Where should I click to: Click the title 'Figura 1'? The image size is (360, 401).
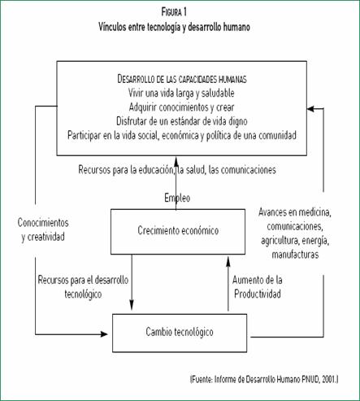[x=174, y=12]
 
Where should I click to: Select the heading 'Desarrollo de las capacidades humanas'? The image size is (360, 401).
[x=182, y=79]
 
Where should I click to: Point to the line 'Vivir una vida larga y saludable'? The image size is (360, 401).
[x=181, y=93]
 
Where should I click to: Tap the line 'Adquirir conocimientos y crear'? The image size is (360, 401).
[x=181, y=107]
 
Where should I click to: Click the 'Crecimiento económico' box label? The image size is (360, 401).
[x=178, y=230]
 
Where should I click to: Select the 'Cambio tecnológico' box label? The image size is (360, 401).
[x=180, y=332]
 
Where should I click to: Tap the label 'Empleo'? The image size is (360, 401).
[x=177, y=198]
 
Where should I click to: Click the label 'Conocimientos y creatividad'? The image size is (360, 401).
[x=43, y=229]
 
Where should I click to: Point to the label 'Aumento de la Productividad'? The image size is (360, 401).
[x=258, y=287]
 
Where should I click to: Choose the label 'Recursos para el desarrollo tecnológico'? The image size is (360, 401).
[x=83, y=287]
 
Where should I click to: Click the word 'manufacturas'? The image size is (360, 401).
[x=295, y=255]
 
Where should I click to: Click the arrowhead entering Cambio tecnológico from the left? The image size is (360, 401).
[x=104, y=334]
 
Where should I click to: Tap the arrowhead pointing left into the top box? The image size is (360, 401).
[x=310, y=109]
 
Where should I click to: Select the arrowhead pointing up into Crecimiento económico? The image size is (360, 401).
[x=228, y=261]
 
